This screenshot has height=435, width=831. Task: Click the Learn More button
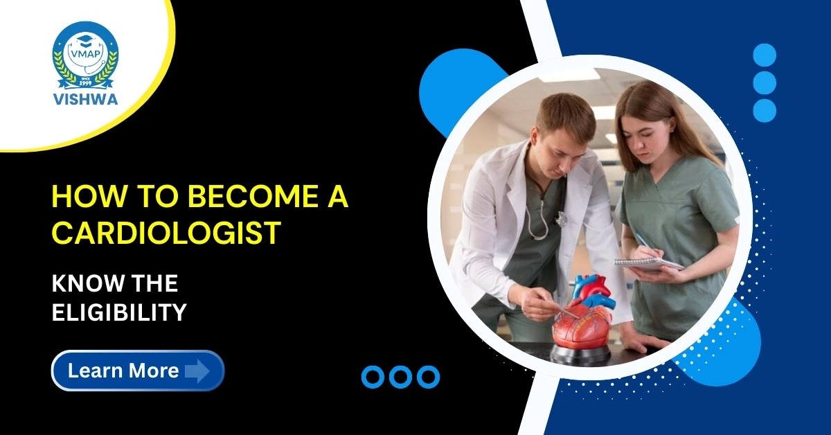click(x=138, y=371)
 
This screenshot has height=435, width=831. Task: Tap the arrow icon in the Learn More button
click(x=197, y=371)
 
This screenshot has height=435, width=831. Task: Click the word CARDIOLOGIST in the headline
click(x=167, y=233)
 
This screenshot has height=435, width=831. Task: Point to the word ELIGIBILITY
click(x=120, y=312)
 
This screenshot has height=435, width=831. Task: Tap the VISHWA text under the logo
click(x=85, y=98)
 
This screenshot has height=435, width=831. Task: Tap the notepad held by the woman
click(x=648, y=264)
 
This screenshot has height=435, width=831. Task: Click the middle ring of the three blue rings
click(x=400, y=376)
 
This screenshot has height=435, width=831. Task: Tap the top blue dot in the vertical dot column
click(x=765, y=55)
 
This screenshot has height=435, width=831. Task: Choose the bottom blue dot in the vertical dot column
click(x=765, y=110)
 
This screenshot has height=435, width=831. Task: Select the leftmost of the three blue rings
click(x=373, y=376)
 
